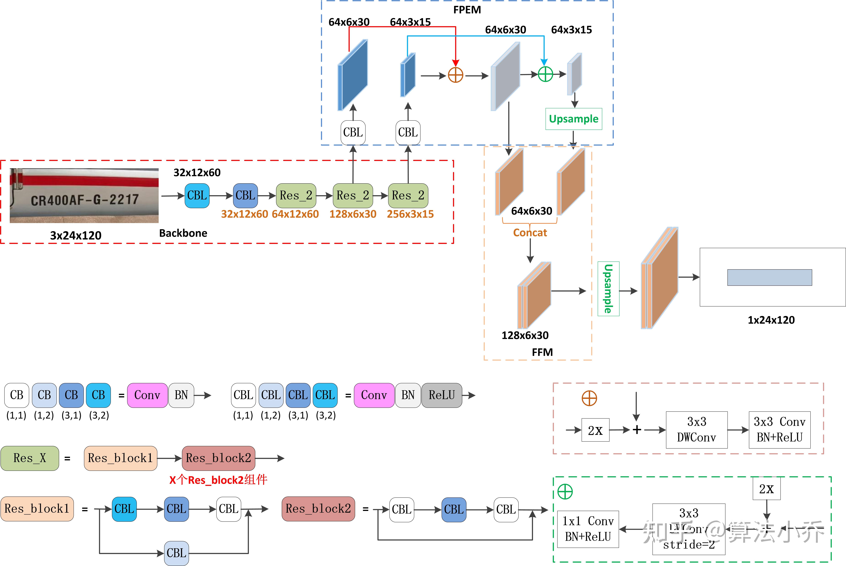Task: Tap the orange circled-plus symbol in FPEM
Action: point(455,75)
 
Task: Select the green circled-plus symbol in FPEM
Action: point(545,74)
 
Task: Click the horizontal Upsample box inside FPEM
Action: point(573,119)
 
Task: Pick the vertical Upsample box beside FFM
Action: point(608,289)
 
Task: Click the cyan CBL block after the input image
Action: point(197,196)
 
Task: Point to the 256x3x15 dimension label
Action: point(410,214)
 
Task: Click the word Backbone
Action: point(183,233)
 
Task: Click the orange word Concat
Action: point(530,233)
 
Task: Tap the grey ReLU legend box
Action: point(442,395)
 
